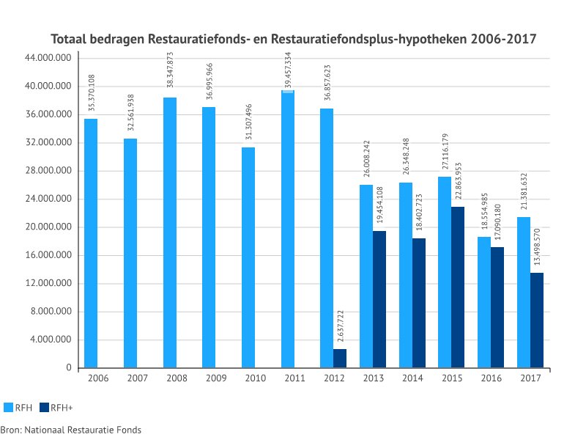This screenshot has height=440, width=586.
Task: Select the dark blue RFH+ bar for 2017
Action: click(536, 320)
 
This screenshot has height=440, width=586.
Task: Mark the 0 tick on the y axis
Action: click(67, 367)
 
